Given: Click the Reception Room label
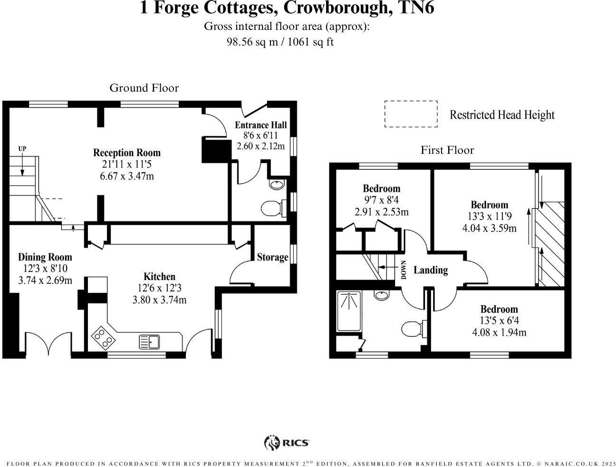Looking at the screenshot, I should click(x=126, y=153).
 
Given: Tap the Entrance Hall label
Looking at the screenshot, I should click(x=261, y=125).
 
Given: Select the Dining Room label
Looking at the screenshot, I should click(x=45, y=257).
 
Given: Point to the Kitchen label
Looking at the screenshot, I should click(x=159, y=277).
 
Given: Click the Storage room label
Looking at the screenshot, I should click(x=272, y=257).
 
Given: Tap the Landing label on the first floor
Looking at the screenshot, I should click(x=431, y=270).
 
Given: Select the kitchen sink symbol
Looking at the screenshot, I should click(x=150, y=341).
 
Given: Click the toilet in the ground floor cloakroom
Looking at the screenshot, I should click(x=272, y=208).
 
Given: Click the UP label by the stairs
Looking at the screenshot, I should click(x=22, y=149).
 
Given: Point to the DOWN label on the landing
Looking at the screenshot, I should click(x=404, y=270).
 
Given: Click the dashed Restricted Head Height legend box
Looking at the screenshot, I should click(x=411, y=114).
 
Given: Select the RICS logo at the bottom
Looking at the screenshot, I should click(x=287, y=443).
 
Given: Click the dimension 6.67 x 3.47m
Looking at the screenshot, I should click(x=126, y=177).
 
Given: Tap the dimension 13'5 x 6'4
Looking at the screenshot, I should click(x=499, y=321).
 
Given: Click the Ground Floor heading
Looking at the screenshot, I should click(x=144, y=88).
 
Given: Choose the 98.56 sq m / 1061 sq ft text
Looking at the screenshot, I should click(x=280, y=42).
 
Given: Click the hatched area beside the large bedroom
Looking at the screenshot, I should click(x=551, y=244).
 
